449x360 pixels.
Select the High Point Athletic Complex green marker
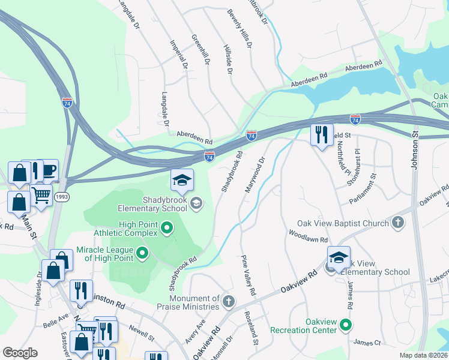coord(167,228)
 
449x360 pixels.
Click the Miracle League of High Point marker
coord(142,253)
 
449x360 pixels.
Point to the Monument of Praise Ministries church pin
coord(228,301)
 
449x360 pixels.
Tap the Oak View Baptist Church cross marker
coord(397,224)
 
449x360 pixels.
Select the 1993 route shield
coord(61,197)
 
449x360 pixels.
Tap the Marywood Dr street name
coord(253,175)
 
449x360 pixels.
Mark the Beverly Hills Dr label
coord(238,28)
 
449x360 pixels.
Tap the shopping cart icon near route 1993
coord(41,195)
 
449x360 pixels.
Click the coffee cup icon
coord(48,170)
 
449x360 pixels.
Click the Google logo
coord(20,353)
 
